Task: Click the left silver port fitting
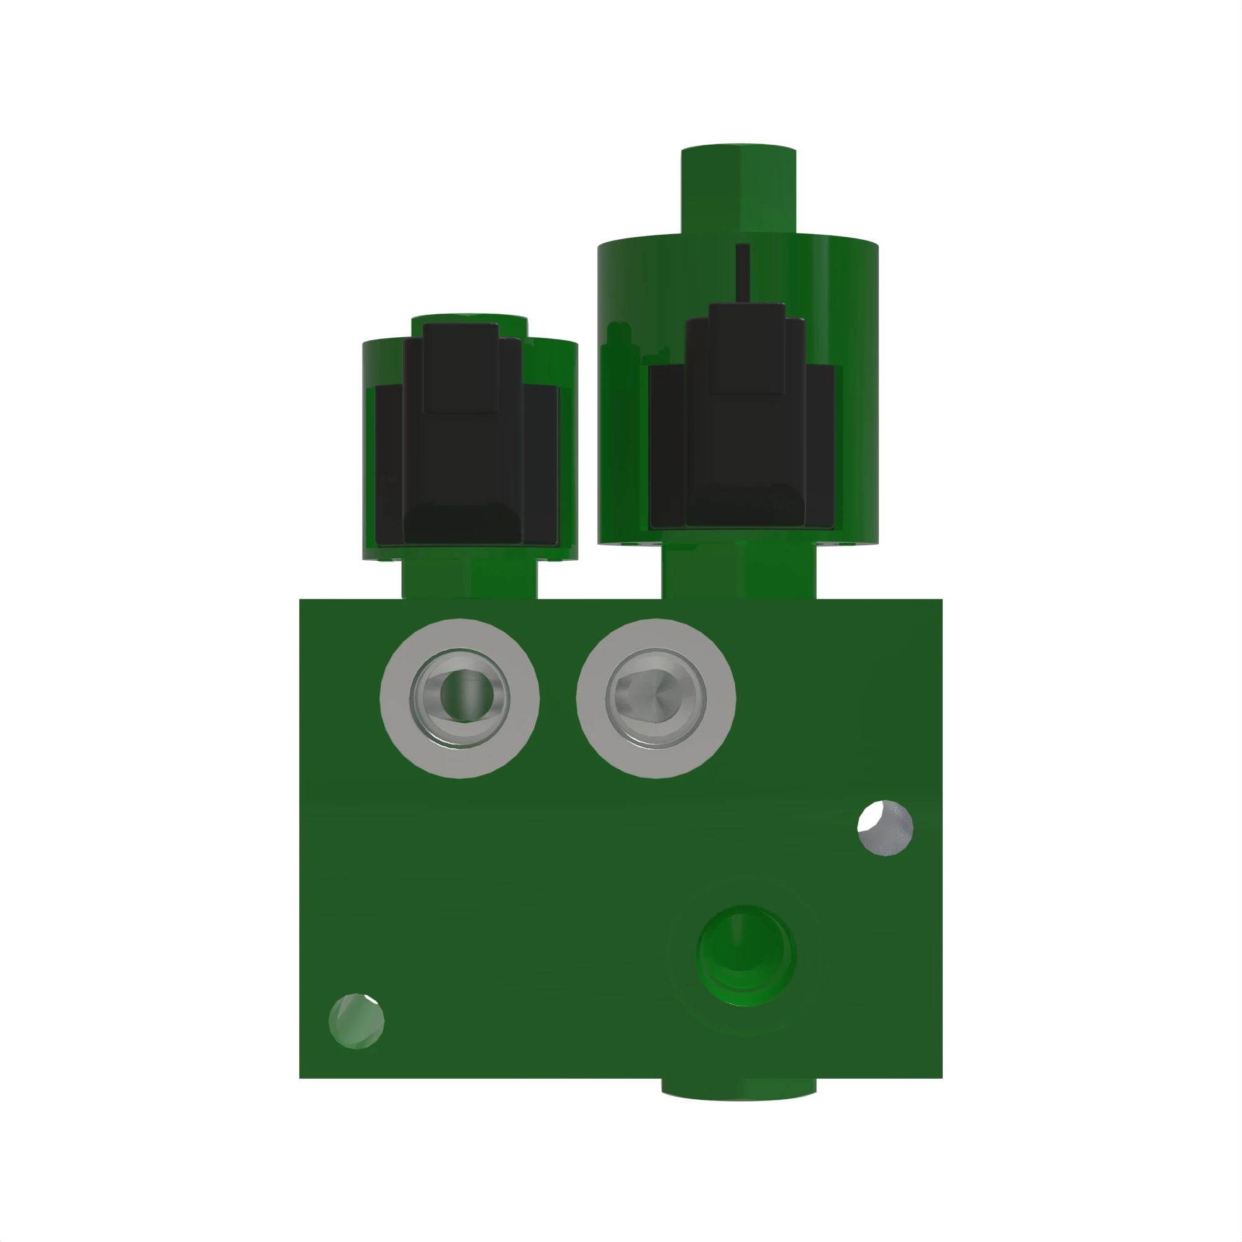[460, 698]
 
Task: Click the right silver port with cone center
[656, 698]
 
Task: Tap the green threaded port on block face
[746, 956]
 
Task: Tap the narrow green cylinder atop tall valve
[738, 189]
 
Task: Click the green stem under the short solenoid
[469, 579]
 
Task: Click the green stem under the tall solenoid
[738, 572]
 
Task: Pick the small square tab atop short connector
[461, 366]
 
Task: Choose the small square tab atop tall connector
[747, 347]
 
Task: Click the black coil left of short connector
[388, 463]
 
